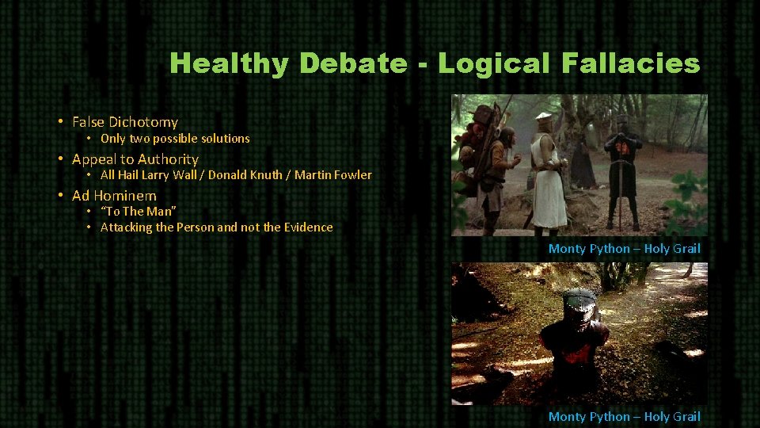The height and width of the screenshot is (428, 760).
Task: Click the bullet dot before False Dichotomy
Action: [60, 122]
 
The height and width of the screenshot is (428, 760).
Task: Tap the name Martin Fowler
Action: [333, 174]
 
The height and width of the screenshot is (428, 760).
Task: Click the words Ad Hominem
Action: [114, 195]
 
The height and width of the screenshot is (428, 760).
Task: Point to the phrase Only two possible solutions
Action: [175, 139]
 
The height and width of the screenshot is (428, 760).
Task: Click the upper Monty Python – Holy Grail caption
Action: [624, 249]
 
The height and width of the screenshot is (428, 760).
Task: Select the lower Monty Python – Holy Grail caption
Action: [624, 417]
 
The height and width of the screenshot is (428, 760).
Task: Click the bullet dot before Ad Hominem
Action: [60, 195]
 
